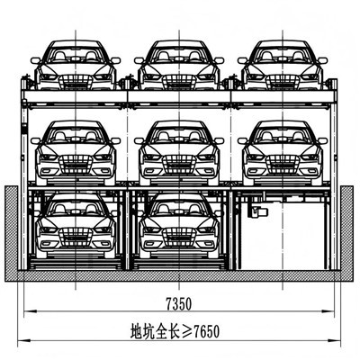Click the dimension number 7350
tap(179, 304)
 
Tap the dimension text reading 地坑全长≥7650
tap(175, 331)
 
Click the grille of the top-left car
tap(76, 82)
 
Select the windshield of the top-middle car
tap(179, 55)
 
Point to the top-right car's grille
tap(283, 82)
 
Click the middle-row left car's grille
tap(76, 165)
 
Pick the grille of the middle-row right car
tap(283, 165)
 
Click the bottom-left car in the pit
tap(76, 226)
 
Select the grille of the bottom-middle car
tap(179, 237)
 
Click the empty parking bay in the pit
tap(283, 237)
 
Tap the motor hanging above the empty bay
tap(257, 211)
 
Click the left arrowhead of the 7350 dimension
tap(30, 311)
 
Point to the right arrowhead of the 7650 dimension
tap(335, 340)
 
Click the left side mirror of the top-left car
tap(35, 60)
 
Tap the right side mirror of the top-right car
tap(323, 60)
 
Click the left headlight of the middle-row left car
tap(48, 157)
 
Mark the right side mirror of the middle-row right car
tap(323, 140)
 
